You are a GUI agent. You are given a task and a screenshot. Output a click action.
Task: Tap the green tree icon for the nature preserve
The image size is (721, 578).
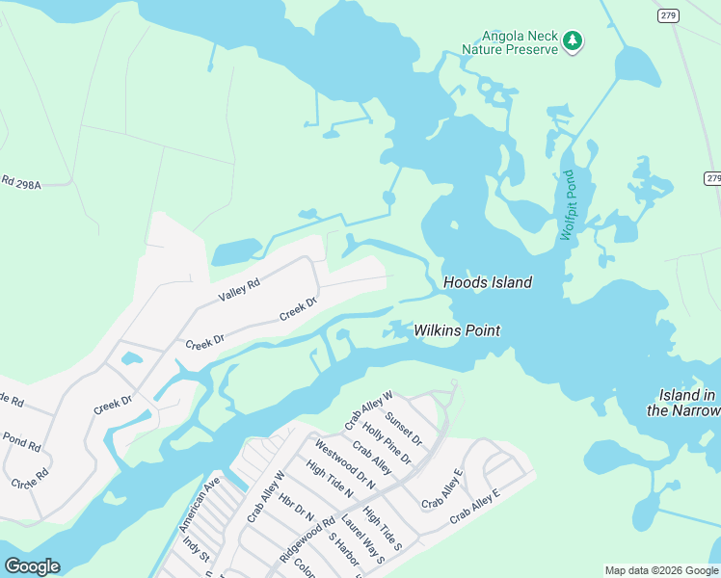574,40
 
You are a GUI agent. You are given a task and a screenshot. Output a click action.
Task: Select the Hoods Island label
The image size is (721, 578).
487,282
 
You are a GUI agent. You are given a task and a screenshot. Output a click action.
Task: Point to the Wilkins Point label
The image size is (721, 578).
457,330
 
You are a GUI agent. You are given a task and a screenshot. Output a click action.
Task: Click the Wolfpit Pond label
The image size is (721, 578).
568,205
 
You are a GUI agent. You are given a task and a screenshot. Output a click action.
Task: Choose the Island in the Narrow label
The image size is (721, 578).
687,403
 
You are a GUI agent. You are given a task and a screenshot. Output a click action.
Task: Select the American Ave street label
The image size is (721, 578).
200,504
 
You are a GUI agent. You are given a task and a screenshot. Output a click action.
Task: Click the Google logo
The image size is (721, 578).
33,566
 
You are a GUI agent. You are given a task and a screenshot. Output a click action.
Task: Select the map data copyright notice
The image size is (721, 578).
661,570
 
